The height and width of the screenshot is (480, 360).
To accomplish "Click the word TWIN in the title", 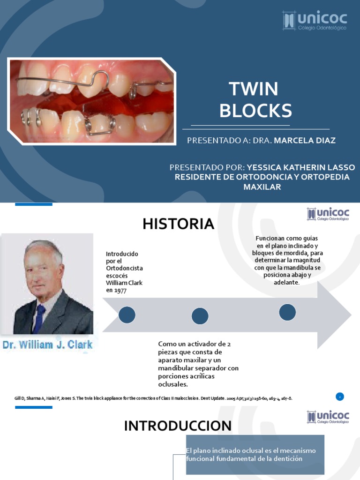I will (x=253, y=89).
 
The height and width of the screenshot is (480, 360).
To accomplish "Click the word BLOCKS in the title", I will (x=255, y=111).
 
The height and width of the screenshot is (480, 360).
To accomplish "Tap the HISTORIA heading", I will (x=178, y=224).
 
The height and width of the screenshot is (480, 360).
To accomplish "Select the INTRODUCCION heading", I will (x=178, y=426).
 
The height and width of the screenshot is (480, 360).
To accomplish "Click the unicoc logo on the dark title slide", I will (x=315, y=20).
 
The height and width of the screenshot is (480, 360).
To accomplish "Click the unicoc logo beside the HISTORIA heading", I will (x=328, y=215).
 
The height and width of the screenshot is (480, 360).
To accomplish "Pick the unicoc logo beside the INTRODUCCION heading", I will (x=328, y=417).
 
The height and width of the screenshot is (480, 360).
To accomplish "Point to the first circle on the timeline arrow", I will (x=127, y=315).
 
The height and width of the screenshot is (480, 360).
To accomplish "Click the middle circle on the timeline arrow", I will (x=200, y=316).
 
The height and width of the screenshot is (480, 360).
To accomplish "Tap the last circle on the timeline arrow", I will (x=287, y=312).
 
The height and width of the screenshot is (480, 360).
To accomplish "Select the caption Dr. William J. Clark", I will (x=48, y=345).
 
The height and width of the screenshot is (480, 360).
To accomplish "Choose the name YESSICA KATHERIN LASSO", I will (x=301, y=167).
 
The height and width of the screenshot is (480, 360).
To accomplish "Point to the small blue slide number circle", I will (x=339, y=397).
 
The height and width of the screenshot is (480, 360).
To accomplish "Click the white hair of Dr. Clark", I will (x=45, y=247).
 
